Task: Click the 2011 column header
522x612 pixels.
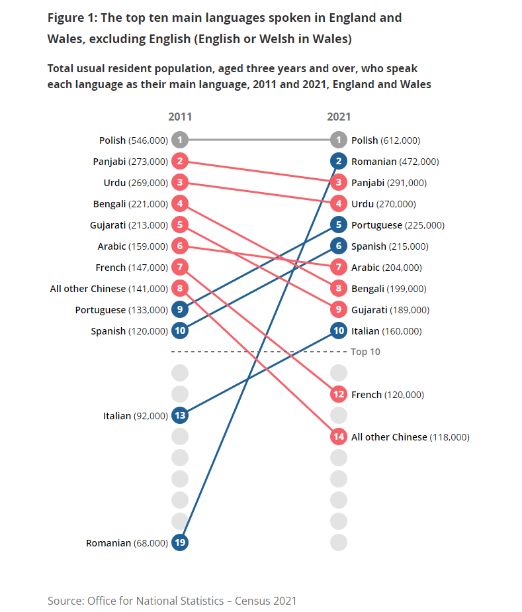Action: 180,117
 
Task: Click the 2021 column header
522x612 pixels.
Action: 339,117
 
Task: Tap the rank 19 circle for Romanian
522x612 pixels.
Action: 180,542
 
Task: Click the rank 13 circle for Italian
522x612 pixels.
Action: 180,415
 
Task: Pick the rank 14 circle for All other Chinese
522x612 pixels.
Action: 339,436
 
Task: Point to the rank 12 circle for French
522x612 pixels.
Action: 339,394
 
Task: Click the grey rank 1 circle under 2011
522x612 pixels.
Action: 180,140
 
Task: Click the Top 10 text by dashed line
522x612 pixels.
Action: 365,352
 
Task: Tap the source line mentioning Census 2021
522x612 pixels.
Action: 172,600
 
